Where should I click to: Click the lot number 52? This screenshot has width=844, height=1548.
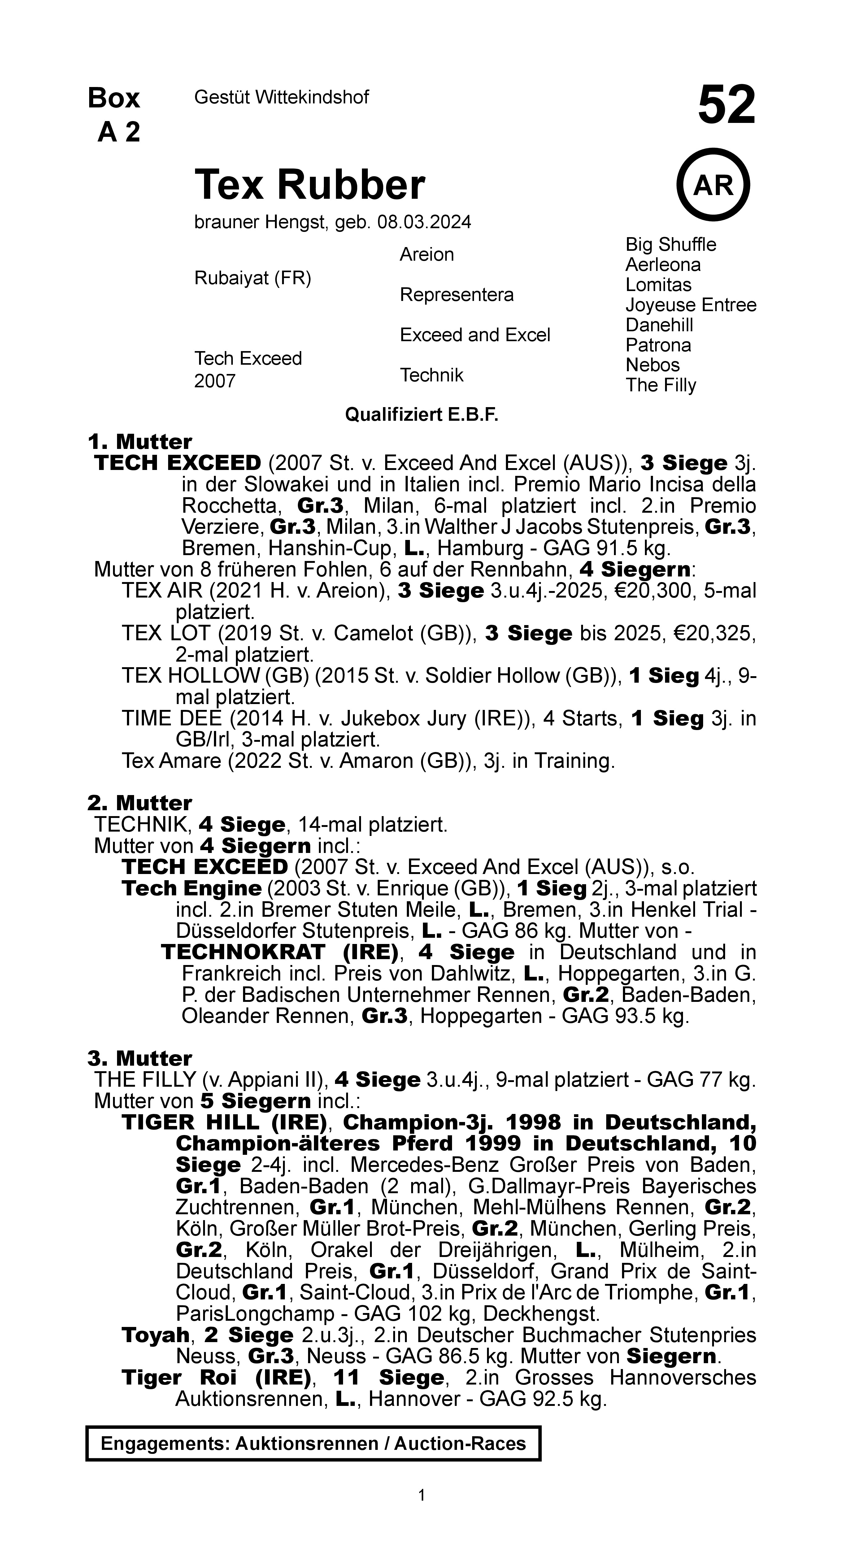click(726, 105)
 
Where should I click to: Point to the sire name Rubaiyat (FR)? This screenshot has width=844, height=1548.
click(252, 278)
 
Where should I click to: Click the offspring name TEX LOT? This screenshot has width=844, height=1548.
click(166, 633)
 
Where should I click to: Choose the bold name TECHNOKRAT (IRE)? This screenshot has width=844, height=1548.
click(280, 952)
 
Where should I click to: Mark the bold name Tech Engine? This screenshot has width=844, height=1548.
click(191, 888)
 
